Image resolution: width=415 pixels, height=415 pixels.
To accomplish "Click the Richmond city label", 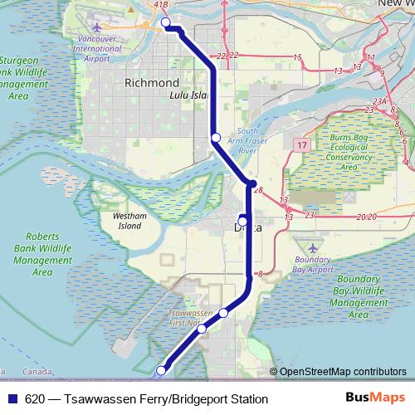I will coord(151,83).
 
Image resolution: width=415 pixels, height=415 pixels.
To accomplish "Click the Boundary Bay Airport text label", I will coord(313,265).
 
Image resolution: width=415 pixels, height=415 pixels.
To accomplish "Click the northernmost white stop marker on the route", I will coord(166,22).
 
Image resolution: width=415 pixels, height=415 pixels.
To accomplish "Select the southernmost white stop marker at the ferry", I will coord(162,370).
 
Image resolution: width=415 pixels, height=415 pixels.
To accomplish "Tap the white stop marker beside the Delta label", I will coord(242,220).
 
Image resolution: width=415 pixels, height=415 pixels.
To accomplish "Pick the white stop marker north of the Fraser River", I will coord(215,137).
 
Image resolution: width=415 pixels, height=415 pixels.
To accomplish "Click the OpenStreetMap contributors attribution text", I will coord(342,372).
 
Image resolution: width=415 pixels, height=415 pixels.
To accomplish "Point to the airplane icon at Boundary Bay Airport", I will coord(313,248).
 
